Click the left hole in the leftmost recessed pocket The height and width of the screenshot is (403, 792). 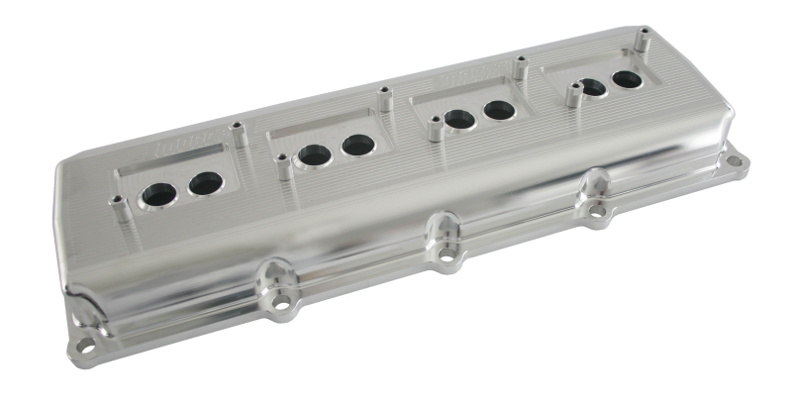pos(158,194)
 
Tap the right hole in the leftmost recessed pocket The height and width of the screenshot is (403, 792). pos(205,183)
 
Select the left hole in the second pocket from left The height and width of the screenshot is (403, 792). pos(315,155)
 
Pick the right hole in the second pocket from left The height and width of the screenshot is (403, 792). pos(357,146)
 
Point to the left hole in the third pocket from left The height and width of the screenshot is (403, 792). pos(457,120)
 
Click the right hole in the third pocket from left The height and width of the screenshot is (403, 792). pos(498,110)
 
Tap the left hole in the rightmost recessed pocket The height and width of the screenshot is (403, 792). pos(591,88)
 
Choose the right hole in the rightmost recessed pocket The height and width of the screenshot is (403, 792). pos(626,79)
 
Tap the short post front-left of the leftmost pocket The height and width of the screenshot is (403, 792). pos(118,205)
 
